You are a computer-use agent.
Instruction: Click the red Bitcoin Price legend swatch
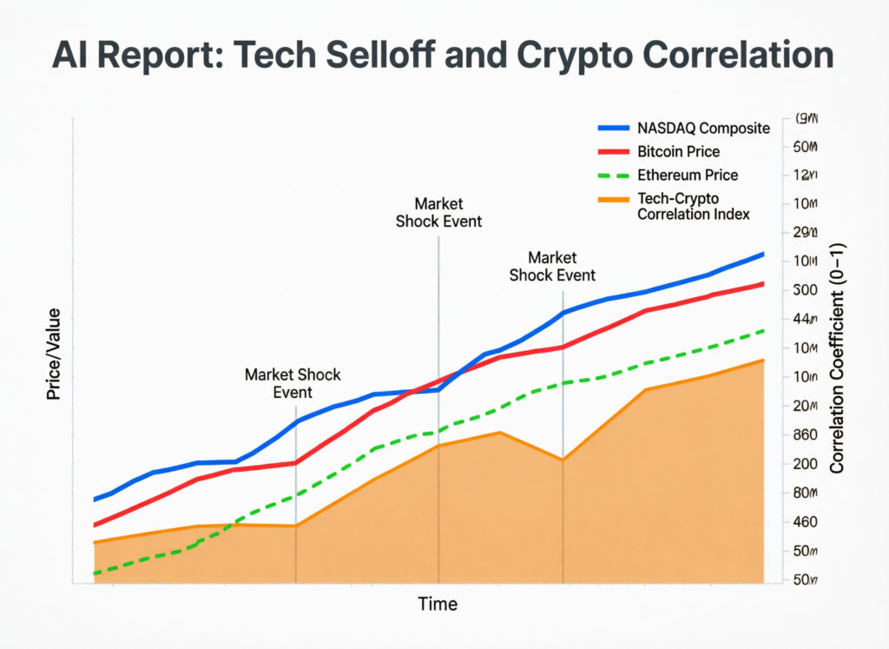(x=616, y=152)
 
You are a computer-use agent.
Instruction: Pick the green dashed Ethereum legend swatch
(x=616, y=175)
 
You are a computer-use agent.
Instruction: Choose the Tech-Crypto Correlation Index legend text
(x=693, y=206)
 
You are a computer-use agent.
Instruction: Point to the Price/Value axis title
(x=54, y=354)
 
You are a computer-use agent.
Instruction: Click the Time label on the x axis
(x=438, y=604)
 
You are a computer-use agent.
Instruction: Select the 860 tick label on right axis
(x=807, y=435)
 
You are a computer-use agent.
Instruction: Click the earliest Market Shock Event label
(x=293, y=383)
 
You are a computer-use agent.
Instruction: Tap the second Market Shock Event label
(x=438, y=212)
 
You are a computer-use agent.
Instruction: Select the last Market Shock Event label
(x=552, y=266)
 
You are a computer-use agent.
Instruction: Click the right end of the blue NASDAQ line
(x=763, y=254)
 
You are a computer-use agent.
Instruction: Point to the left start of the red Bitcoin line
(x=95, y=525)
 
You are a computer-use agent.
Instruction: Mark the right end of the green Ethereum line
(x=763, y=330)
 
